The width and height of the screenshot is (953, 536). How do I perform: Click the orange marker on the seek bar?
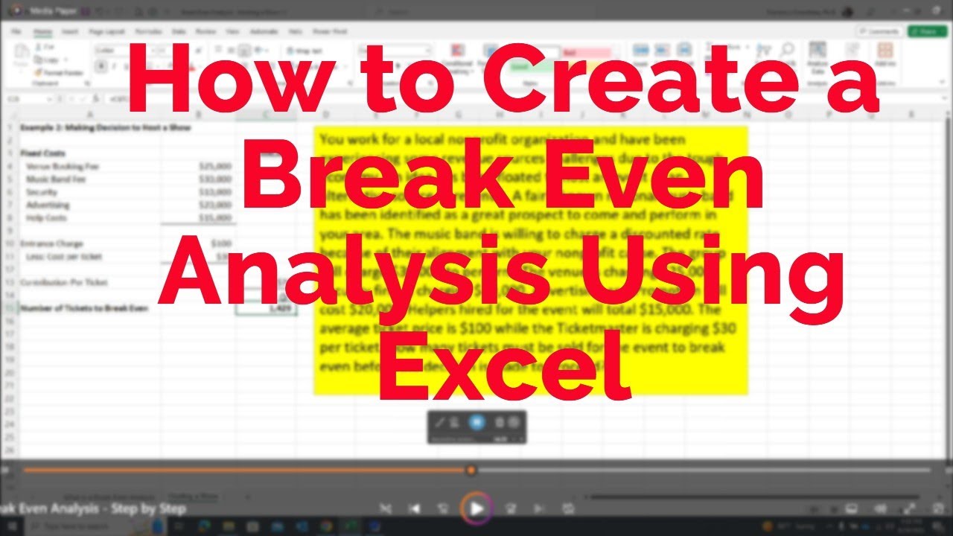point(471,470)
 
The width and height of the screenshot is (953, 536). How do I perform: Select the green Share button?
point(927,31)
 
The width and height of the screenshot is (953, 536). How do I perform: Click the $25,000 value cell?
point(215,166)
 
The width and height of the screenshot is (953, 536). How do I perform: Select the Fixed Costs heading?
point(43,153)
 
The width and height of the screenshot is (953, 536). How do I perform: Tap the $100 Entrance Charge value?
point(220,243)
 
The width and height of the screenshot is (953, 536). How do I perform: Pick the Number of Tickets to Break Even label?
point(83,308)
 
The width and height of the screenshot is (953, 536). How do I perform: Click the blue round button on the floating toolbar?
point(476,423)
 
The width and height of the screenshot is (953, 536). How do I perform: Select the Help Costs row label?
point(48,217)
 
